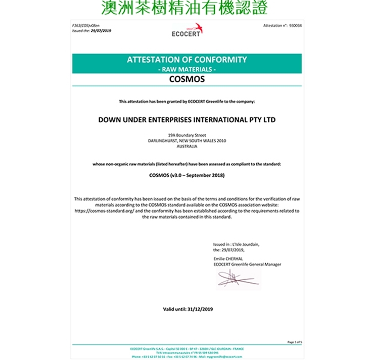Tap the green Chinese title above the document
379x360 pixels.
tap(184, 9)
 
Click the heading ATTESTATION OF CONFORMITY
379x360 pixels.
tap(186, 60)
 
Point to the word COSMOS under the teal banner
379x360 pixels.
tap(186, 79)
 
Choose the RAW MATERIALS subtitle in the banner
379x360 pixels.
tap(186, 69)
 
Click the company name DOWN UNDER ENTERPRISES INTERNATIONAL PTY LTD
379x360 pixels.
tap(186, 120)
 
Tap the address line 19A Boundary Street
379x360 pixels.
tap(186, 135)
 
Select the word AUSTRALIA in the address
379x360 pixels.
tap(186, 146)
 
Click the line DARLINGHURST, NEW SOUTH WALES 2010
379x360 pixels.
tap(186, 141)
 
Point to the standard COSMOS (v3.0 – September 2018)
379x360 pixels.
tap(186, 175)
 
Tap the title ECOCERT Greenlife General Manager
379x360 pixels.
tap(248, 264)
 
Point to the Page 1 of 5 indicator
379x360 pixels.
tap(294, 342)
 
